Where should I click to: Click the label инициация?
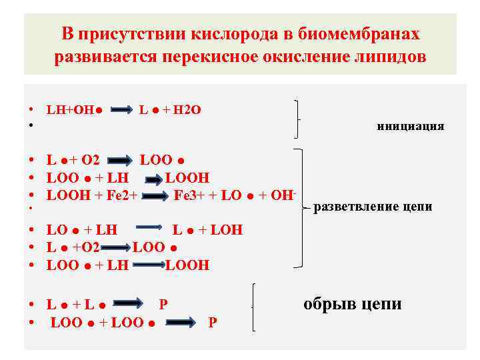coord(410,126)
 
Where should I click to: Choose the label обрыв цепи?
coord(352,305)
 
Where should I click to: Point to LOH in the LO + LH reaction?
coord(227,231)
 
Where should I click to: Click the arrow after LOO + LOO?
coord(179,323)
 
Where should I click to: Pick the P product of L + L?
coord(163,305)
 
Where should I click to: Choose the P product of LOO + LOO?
coord(212,323)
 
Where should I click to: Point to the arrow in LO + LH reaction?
coord(149,231)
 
